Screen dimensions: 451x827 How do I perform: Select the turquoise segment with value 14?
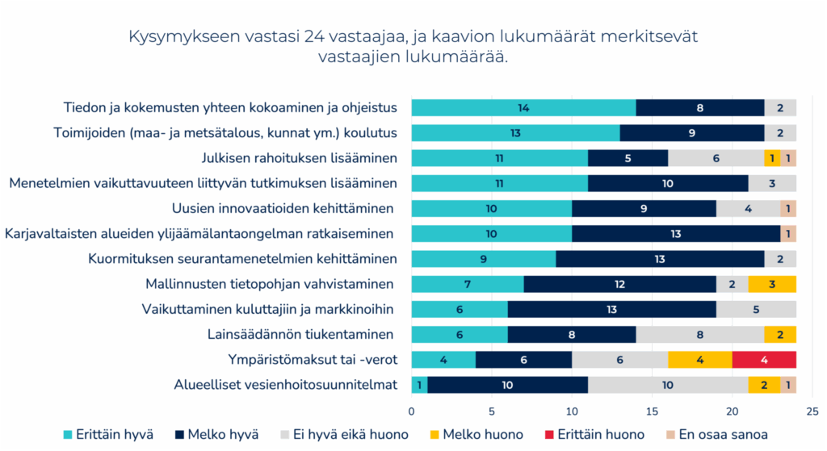coord(523,107)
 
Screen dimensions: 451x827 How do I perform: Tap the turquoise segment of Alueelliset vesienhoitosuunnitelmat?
coord(419,385)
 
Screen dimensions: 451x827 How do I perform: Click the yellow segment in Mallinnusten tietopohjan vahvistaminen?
coord(772,284)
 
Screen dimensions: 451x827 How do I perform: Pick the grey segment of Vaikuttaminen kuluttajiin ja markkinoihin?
coord(756,309)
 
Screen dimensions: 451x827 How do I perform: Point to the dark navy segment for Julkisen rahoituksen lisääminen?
coord(628,158)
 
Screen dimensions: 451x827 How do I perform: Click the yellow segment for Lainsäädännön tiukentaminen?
coord(780,335)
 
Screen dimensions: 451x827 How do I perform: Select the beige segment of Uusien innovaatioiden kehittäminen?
coord(788,208)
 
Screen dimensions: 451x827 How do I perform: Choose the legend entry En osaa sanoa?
coord(724,434)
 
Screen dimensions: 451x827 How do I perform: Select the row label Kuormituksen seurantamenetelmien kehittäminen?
coord(242,259)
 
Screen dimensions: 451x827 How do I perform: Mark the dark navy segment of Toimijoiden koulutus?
coord(692,132)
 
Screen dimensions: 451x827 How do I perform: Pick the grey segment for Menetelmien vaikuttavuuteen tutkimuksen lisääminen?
coord(772,183)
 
